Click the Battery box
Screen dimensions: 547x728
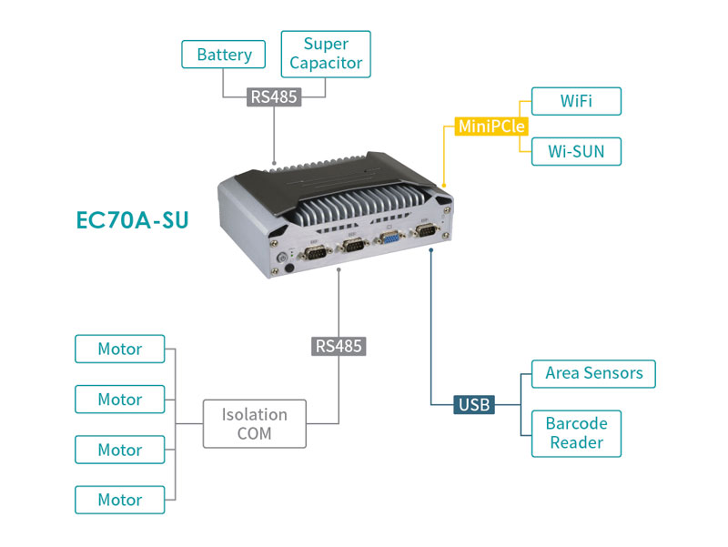coord(224,55)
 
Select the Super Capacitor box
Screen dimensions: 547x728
coord(326,54)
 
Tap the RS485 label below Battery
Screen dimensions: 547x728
coord(274,96)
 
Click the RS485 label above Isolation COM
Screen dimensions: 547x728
coord(339,346)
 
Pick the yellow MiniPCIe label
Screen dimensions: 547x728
coord(491,126)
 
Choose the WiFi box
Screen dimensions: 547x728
coord(575,101)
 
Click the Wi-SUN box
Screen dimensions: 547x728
coord(575,151)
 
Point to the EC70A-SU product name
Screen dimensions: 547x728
coord(133,220)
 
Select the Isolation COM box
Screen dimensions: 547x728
coord(255,424)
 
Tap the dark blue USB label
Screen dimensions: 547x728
coord(474,403)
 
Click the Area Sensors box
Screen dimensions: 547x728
coord(593,373)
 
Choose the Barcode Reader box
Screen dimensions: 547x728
coord(576,433)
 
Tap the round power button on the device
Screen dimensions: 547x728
coord(288,269)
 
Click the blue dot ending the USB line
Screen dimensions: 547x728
coord(430,250)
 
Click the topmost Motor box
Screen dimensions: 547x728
coord(120,349)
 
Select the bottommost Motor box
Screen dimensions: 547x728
coord(120,500)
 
